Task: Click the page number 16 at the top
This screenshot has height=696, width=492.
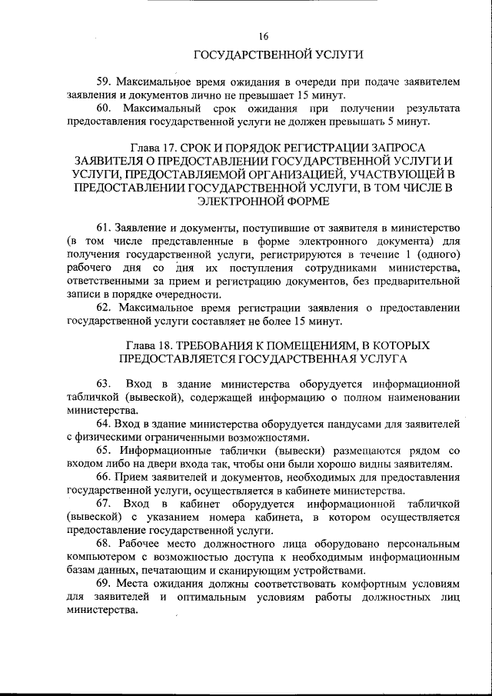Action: (x=264, y=36)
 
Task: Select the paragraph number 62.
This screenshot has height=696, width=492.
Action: (x=104, y=308)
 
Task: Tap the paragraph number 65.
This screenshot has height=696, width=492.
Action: (x=104, y=451)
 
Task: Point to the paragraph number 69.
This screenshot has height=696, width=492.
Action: (x=104, y=584)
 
